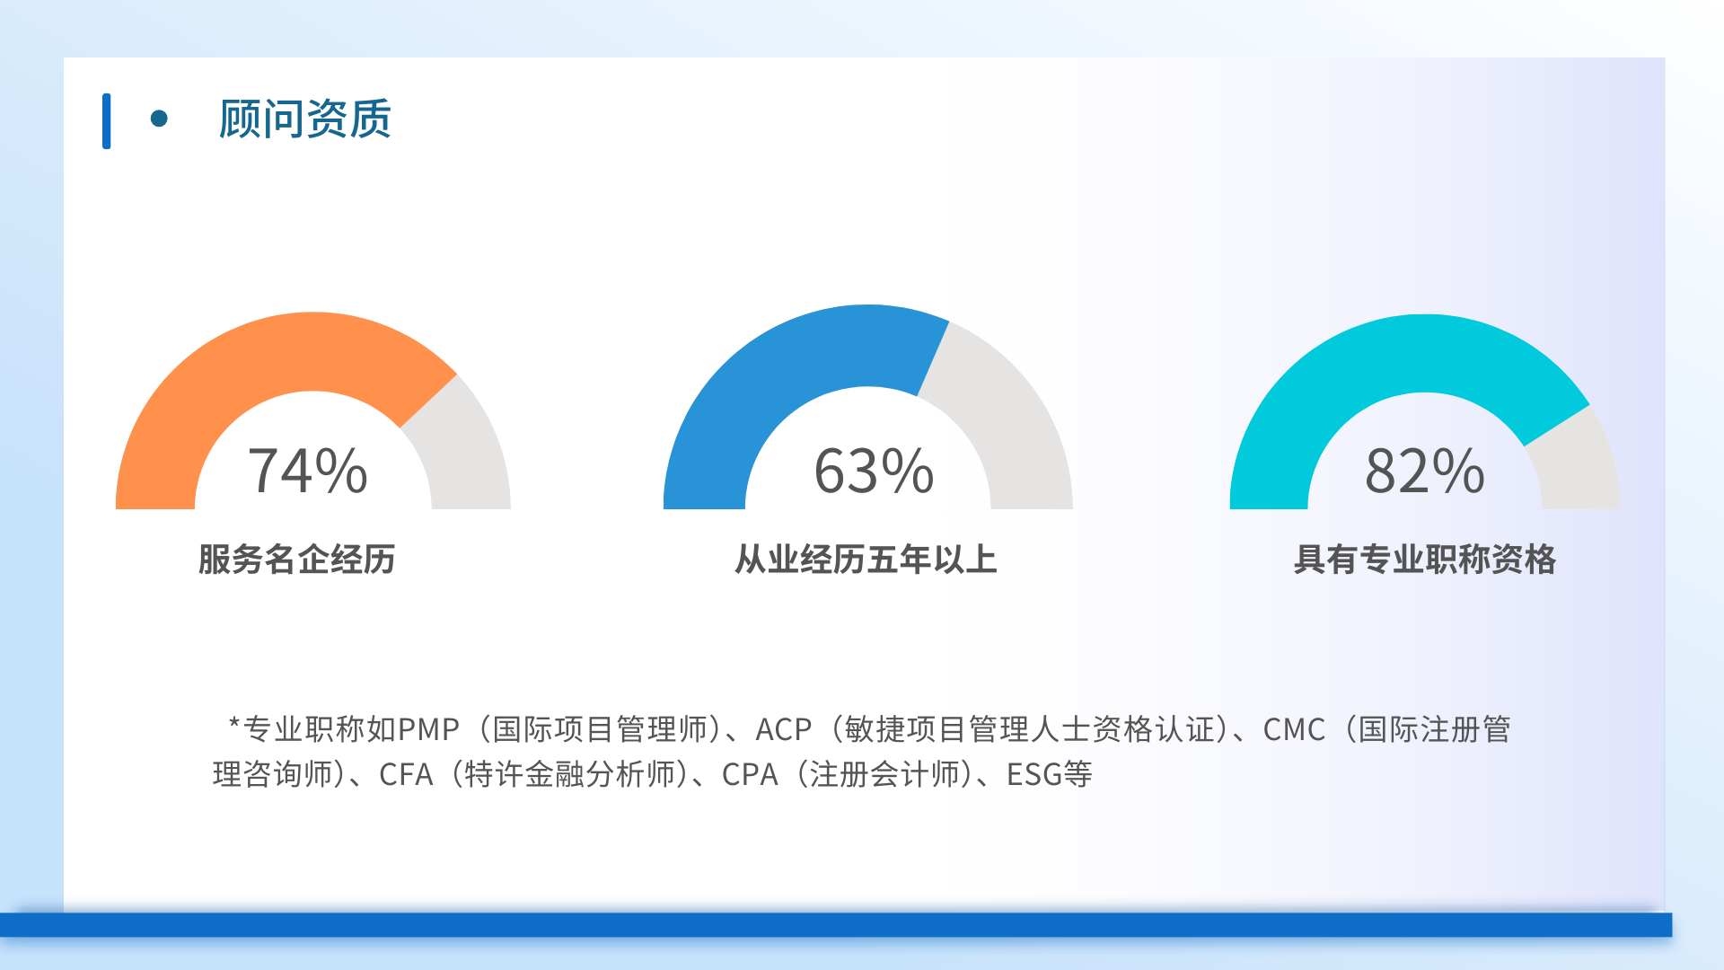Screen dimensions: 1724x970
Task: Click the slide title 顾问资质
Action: tap(305, 119)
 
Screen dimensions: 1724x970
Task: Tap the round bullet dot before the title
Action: tap(159, 119)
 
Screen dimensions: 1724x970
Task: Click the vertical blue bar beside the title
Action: tap(107, 121)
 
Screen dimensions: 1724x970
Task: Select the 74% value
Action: tap(308, 471)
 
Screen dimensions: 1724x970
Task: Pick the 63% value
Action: tap(874, 471)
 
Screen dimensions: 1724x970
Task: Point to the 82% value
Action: tap(1425, 471)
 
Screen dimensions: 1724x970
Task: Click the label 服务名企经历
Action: tap(297, 559)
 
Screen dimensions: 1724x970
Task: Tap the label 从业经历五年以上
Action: tap(866, 559)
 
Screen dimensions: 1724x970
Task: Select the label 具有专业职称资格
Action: tap(1425, 559)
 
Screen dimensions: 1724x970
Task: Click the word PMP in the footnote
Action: tap(428, 729)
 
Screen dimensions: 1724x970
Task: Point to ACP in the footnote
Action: tap(784, 729)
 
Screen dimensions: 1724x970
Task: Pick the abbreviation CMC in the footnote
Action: tap(1294, 729)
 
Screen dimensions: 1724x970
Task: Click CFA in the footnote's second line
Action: tap(406, 774)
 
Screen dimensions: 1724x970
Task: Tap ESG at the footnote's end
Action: tap(1034, 774)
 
